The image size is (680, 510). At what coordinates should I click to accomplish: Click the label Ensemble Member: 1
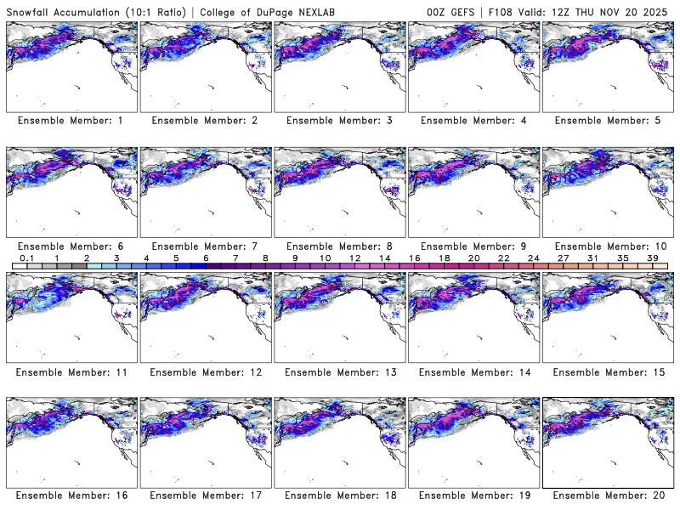point(71,121)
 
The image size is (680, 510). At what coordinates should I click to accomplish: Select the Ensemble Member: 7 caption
point(205,246)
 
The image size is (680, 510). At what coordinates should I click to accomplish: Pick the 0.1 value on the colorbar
point(27,258)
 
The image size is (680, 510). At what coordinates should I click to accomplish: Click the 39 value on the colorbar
point(652,258)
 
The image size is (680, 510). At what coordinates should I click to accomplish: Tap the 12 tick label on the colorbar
point(354,258)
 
